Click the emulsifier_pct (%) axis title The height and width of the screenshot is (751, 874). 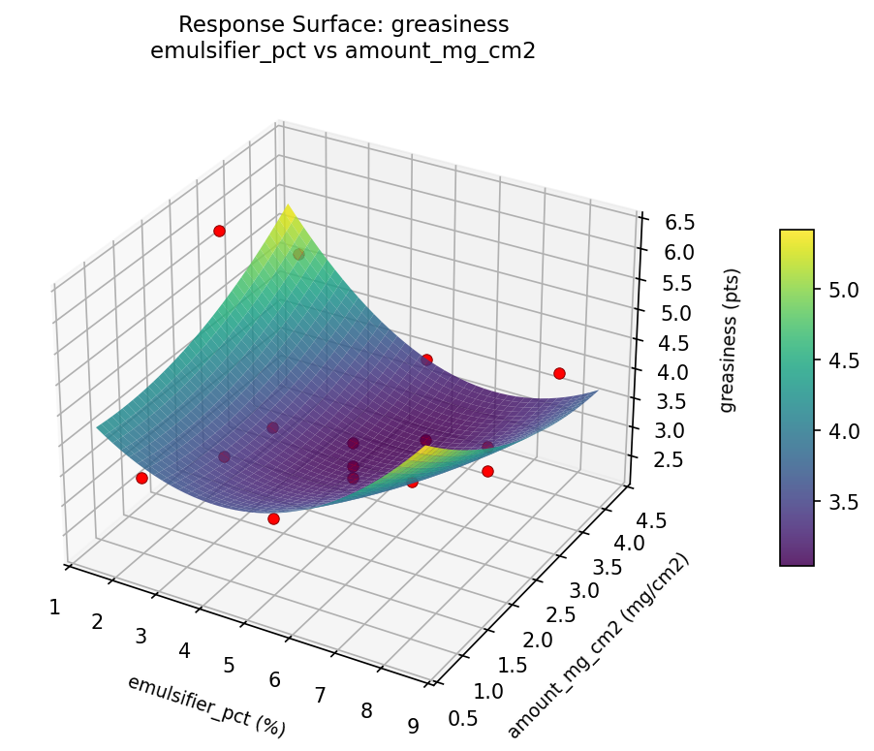(206, 704)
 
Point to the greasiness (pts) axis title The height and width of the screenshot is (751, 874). (728, 339)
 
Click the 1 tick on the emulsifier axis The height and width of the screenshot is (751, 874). (54, 608)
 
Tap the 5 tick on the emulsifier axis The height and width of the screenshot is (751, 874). (230, 665)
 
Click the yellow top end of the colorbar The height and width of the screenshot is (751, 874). (796, 235)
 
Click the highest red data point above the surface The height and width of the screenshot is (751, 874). (220, 231)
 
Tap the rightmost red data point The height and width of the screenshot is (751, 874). (559, 373)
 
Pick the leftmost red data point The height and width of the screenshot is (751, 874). (141, 478)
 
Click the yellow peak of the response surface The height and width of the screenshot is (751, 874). (288, 210)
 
